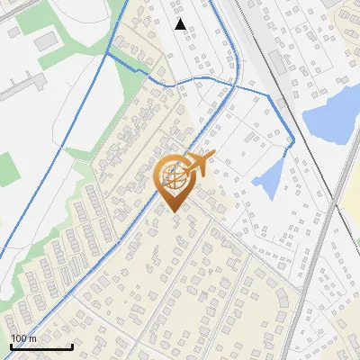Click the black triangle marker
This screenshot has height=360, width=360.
[x=181, y=24]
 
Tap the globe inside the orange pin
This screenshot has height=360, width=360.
[x=173, y=178]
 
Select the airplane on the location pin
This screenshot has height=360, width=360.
[x=201, y=163]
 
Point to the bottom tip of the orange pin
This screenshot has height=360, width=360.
[x=173, y=212]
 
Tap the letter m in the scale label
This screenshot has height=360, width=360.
[x=32, y=338]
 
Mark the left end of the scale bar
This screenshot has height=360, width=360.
[x=11, y=346]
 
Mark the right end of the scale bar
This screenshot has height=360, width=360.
[x=72, y=346]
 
